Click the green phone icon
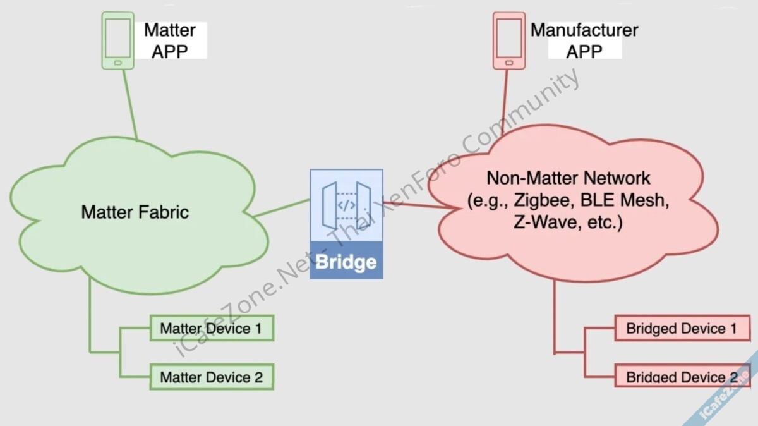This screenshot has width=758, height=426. click(117, 40)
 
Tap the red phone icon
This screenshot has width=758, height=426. click(508, 40)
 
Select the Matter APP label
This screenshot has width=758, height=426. click(170, 40)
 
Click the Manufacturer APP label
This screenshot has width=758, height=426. click(584, 40)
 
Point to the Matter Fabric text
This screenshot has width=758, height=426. click(135, 212)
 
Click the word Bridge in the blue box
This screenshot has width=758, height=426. click(346, 262)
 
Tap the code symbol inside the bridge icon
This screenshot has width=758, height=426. click(346, 205)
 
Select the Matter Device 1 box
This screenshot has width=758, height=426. click(211, 329)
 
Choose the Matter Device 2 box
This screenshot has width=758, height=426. click(211, 377)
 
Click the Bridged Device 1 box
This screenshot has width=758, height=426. click(682, 329)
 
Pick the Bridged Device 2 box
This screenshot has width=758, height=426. click(682, 377)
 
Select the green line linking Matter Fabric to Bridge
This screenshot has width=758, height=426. click(287, 207)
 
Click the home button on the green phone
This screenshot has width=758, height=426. click(117, 63)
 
